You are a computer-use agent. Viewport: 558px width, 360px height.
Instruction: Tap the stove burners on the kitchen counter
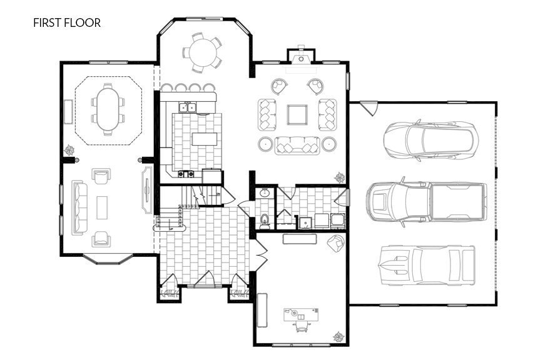pyautogui.click(x=185, y=174)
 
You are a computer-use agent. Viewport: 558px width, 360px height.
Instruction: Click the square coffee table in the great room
pyautogui.click(x=297, y=115)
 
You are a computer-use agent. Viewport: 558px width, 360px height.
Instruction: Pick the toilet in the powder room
pyautogui.click(x=265, y=218)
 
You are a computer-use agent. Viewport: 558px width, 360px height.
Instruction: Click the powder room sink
pyautogui.click(x=265, y=193)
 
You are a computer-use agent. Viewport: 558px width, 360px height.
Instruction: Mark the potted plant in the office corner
pyautogui.click(x=338, y=336)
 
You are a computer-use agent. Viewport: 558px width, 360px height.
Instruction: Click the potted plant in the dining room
pyautogui.click(x=69, y=150)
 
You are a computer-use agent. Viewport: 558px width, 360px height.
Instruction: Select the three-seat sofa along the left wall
pyautogui.click(x=78, y=207)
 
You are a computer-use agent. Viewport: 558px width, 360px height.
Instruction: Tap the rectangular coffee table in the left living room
pyautogui.click(x=102, y=207)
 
